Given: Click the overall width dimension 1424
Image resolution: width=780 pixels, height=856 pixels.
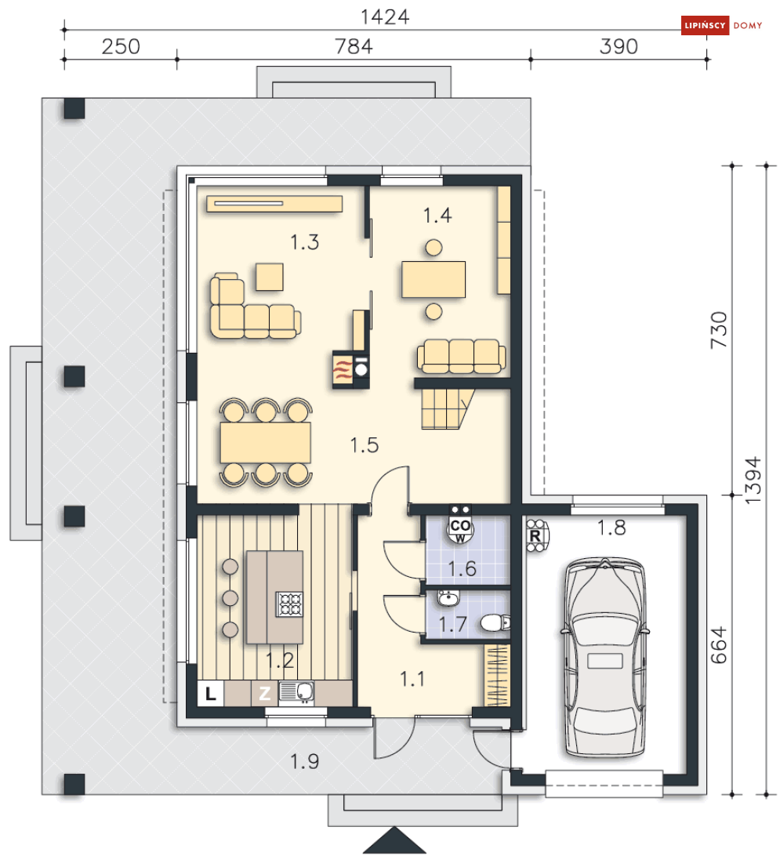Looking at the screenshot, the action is point(384,17).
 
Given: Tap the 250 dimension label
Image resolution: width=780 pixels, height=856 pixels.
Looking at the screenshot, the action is point(121,46).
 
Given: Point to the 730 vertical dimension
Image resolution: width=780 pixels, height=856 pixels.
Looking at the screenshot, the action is point(719,330).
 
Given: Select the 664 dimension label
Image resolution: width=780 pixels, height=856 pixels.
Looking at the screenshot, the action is point(719,644).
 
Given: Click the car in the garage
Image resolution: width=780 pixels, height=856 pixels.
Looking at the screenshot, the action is point(604,657).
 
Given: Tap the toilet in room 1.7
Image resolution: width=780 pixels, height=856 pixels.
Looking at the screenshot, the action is point(495,622).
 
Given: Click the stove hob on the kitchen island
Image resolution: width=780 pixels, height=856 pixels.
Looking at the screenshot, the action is point(289,604).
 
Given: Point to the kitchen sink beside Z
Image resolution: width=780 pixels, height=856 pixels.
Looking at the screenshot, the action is point(296,691).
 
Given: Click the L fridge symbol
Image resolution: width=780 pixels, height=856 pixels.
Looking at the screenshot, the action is point(211,693).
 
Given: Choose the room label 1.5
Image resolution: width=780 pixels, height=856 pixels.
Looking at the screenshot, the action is point(364,445).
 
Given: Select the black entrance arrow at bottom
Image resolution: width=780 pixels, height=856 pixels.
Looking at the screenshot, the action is point(394,840).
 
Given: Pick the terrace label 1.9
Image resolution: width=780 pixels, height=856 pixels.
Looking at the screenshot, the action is point(304,761).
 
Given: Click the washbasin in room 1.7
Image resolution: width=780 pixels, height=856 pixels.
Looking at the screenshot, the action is point(448,599).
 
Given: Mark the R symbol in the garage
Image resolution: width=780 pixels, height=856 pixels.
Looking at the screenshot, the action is point(535,535).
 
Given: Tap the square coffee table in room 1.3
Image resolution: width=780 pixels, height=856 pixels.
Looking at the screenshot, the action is point(270,277).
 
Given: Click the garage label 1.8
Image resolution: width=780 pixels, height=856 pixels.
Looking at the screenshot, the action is point(611,528).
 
